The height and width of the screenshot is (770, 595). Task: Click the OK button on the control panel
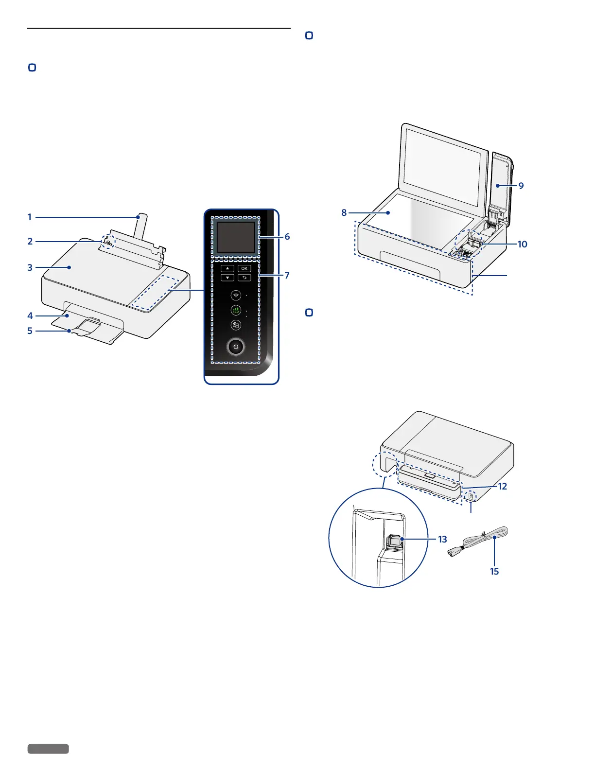click(x=244, y=268)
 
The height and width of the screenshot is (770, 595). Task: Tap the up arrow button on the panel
click(x=227, y=268)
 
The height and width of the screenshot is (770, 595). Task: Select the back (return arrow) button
click(x=244, y=278)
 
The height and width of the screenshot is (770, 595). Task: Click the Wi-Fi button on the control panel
click(x=236, y=296)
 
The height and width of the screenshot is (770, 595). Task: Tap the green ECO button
click(x=236, y=311)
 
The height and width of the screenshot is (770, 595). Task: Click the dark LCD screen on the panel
click(x=236, y=238)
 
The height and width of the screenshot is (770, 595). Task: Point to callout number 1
click(x=30, y=217)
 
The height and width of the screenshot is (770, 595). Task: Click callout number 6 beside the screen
click(x=287, y=237)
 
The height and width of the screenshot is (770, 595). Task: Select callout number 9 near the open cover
click(x=521, y=186)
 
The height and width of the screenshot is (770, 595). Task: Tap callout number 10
click(x=522, y=244)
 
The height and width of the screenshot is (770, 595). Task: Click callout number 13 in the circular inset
click(x=442, y=539)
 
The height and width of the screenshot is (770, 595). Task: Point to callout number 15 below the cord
click(x=494, y=571)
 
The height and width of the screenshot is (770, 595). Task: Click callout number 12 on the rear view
click(x=502, y=486)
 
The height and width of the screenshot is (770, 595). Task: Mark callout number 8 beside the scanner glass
click(x=344, y=212)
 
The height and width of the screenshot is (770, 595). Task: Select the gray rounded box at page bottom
click(x=48, y=749)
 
